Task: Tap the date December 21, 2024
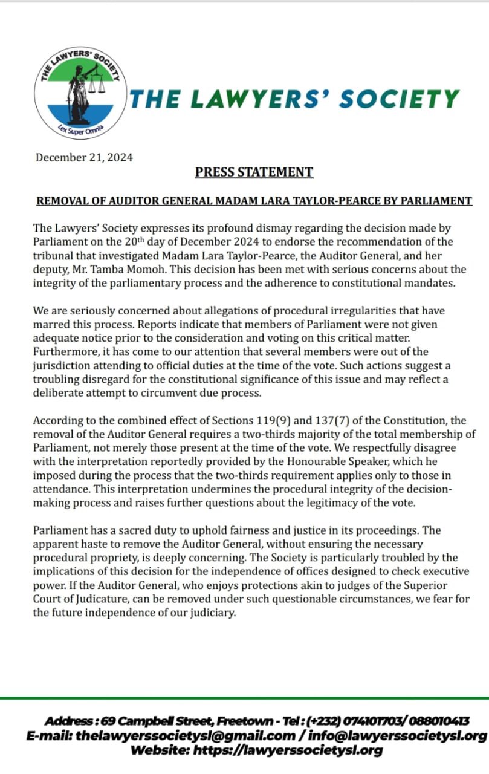tap(84, 158)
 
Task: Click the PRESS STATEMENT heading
tap(254, 172)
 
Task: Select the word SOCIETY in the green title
tap(398, 99)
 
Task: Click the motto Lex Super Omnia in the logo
tap(81, 129)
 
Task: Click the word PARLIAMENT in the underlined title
tap(436, 201)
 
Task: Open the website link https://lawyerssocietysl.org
tap(288, 750)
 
